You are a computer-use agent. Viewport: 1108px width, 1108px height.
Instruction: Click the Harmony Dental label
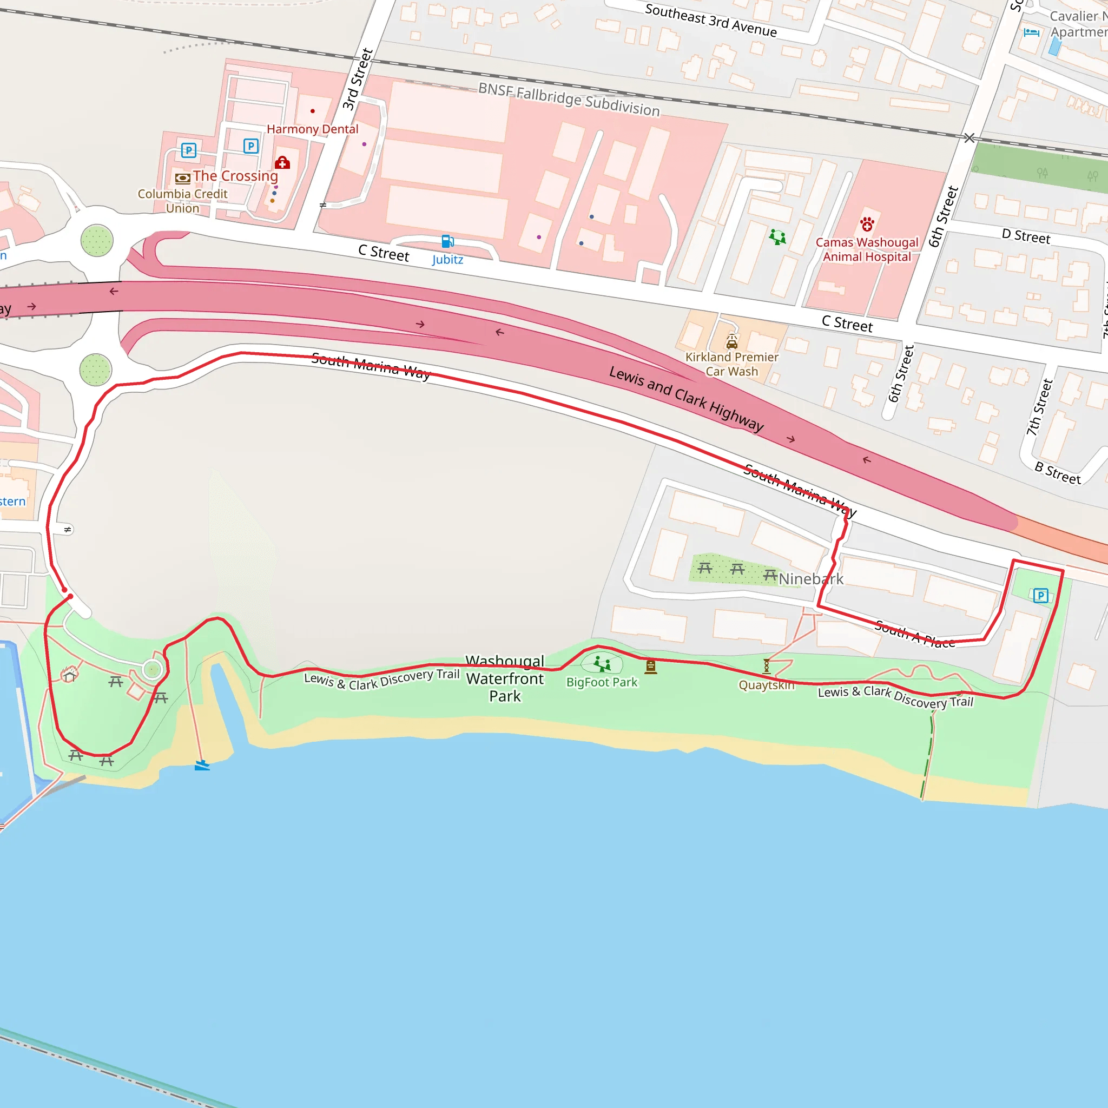312,129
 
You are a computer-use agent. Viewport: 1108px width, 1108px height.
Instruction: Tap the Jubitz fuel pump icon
447,241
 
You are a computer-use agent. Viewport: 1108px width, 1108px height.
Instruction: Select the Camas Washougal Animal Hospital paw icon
867,223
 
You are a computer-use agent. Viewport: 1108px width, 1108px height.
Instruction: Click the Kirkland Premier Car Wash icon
732,342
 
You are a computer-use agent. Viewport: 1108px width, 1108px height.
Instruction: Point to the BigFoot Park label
602,682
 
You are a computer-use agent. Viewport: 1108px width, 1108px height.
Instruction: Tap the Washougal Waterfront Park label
505,678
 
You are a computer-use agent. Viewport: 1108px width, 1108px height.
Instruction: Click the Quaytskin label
766,685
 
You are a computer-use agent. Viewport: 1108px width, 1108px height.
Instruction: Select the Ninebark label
811,579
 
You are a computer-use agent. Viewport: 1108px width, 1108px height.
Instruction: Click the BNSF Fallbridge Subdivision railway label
569,99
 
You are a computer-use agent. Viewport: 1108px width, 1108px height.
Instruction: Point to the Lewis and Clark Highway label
686,398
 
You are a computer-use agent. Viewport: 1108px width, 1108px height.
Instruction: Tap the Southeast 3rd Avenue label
710,20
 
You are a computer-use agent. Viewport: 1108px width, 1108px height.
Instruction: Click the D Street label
1026,236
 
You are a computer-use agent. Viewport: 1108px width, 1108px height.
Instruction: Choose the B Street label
1058,473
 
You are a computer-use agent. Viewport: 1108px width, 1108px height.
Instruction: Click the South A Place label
914,634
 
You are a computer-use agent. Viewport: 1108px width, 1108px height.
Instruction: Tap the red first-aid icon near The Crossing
282,163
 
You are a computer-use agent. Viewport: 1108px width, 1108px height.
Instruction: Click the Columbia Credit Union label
182,201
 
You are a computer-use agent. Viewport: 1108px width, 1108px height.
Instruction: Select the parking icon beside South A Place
1040,596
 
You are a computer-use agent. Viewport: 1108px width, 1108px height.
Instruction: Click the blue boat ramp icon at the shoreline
202,765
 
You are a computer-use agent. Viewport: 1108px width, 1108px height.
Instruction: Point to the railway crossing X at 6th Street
969,137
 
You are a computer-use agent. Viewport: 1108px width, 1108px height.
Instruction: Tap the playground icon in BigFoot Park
602,664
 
